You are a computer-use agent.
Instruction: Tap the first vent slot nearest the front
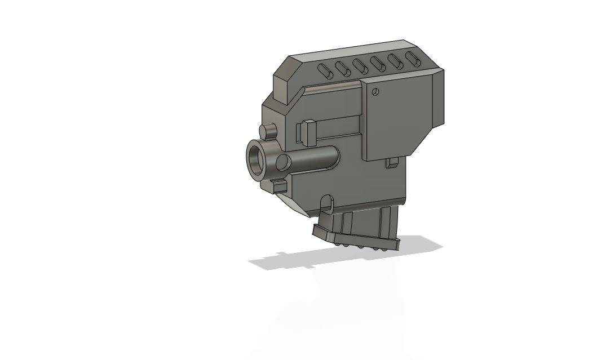tap(325, 71)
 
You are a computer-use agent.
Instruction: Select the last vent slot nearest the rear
tap(411, 59)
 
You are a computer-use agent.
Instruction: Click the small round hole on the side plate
tap(376, 92)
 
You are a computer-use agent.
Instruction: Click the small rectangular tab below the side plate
tap(393, 163)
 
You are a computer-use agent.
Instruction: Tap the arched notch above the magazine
tap(326, 202)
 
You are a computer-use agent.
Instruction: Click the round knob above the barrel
tap(269, 132)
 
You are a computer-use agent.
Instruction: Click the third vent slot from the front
tap(360, 66)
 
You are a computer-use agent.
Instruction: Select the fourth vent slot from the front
tap(377, 64)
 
